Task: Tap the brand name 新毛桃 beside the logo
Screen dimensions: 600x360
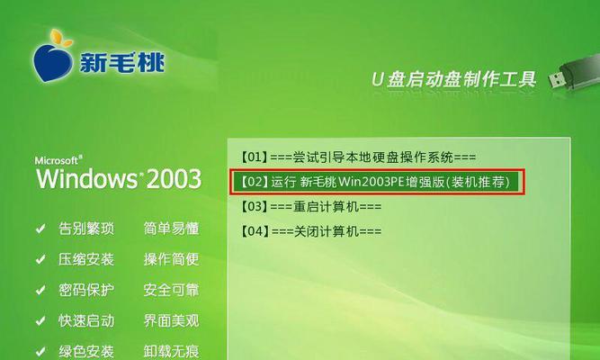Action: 122,62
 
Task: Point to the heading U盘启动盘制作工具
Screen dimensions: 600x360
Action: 454,80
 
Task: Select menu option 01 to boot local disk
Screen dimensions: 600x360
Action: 358,157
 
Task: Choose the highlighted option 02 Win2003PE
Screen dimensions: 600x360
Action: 377,182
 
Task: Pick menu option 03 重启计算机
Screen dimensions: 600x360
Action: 310,207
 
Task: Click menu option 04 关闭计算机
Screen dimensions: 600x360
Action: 310,231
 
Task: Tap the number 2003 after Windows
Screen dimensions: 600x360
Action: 175,179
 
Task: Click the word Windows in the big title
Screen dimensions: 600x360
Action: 86,179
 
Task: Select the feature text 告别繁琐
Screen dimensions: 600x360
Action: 86,229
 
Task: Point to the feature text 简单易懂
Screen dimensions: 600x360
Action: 171,229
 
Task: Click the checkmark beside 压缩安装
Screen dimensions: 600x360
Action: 40,260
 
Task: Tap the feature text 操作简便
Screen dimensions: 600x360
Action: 171,259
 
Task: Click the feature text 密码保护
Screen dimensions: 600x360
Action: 86,290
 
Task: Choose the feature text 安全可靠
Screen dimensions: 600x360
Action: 171,290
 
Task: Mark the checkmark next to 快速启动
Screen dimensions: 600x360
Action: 40,321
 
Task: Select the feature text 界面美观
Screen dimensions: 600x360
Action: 171,320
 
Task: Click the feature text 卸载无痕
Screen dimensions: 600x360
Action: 171,351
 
